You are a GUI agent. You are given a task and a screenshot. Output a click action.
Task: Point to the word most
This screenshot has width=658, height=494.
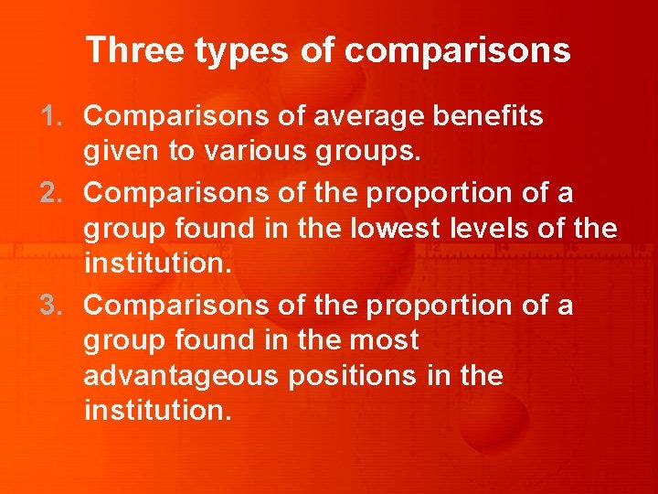coord(385,339)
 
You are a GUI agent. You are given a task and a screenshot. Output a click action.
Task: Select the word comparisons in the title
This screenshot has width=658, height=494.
coord(458,51)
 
